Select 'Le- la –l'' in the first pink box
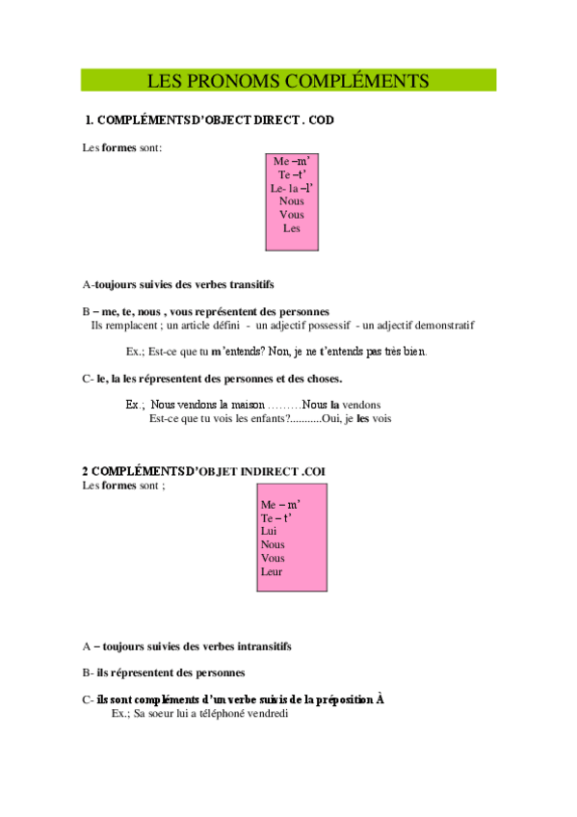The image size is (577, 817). click(x=292, y=188)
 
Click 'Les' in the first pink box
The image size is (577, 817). click(x=292, y=228)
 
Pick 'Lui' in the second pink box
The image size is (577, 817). click(x=269, y=531)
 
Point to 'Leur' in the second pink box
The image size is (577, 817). click(x=273, y=571)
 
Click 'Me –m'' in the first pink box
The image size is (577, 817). click(x=293, y=160)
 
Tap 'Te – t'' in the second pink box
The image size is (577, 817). click(x=276, y=517)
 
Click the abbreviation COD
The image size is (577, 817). click(x=320, y=121)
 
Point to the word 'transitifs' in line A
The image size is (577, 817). click(x=251, y=284)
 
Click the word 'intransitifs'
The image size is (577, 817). click(x=259, y=646)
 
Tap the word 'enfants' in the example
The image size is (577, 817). click(x=269, y=418)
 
